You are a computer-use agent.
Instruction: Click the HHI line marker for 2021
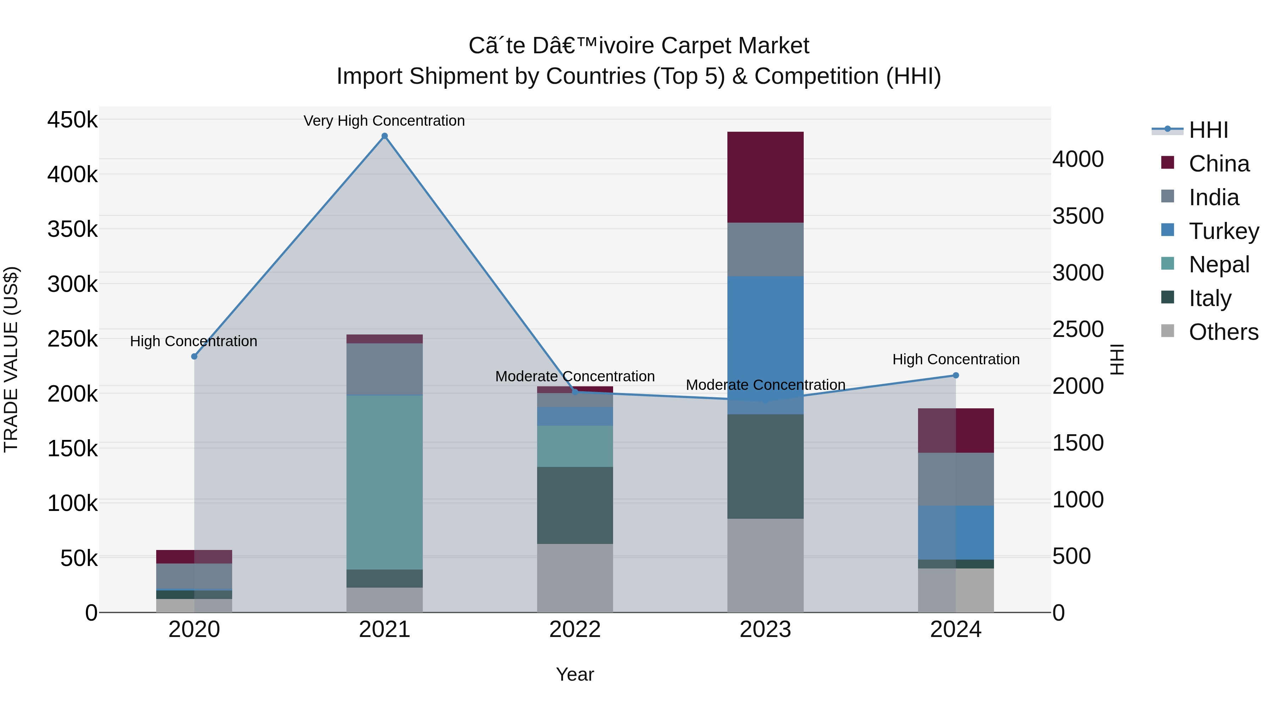(x=384, y=136)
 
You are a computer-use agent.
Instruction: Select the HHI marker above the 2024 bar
(x=956, y=376)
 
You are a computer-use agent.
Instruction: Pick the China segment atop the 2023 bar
(x=765, y=177)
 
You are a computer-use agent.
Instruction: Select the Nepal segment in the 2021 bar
(x=384, y=482)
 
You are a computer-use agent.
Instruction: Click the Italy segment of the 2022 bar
(x=575, y=505)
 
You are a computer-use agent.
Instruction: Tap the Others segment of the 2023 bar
(x=765, y=565)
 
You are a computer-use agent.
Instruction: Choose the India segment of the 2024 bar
(x=956, y=479)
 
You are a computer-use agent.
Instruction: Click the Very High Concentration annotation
(x=384, y=121)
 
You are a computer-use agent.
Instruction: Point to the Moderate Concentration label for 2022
(x=575, y=376)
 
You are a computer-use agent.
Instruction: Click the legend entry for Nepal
(x=1218, y=265)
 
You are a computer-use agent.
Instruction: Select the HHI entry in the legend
(x=1208, y=130)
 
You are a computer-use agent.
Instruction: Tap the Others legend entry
(x=1223, y=332)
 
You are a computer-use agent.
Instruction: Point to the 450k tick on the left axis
(x=72, y=120)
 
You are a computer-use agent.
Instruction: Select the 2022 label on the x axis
(x=575, y=629)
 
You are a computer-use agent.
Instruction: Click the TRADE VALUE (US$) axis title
(x=11, y=359)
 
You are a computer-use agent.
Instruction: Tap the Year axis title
(x=575, y=674)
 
